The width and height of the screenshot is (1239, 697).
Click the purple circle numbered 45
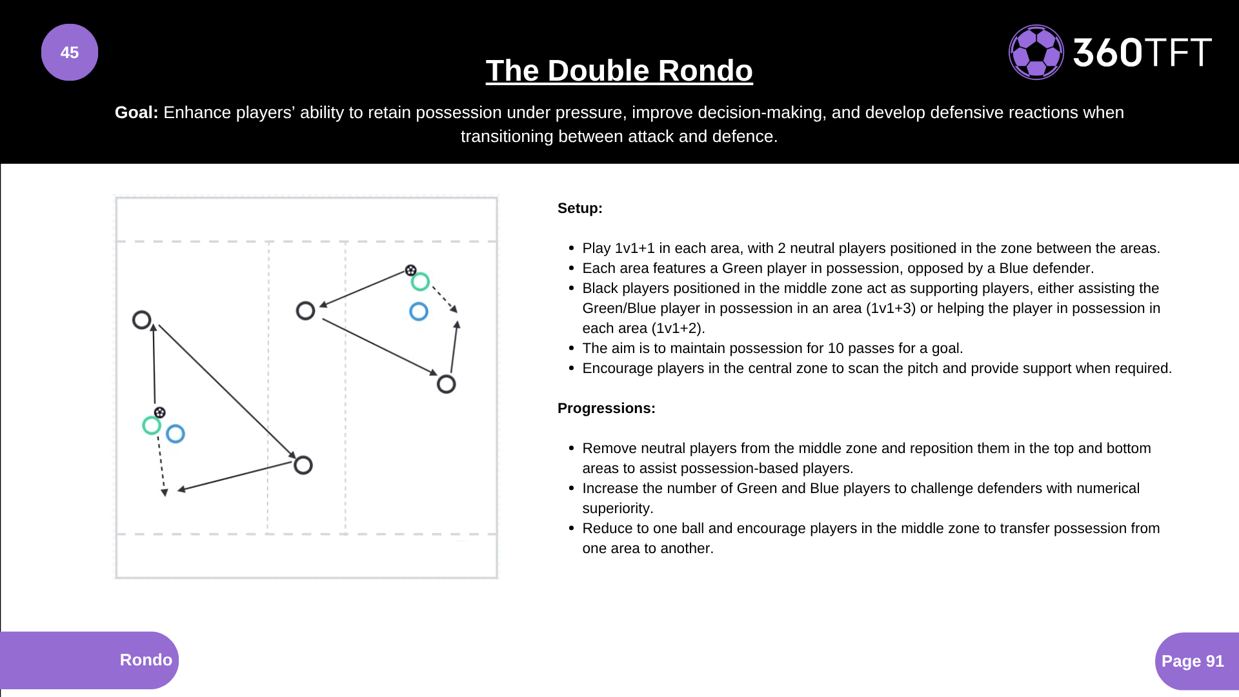[x=70, y=52]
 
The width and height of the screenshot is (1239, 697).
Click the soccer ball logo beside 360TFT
[x=1036, y=52]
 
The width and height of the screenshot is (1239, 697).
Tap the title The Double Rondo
[x=619, y=70]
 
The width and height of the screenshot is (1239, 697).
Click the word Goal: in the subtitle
[x=136, y=112]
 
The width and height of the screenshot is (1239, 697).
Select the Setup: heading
[x=579, y=208]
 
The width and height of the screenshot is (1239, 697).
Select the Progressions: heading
[x=606, y=408]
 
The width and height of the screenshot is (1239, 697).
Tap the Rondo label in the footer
[x=146, y=660]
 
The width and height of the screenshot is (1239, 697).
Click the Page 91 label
[x=1192, y=661]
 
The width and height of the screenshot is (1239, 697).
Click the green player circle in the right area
[x=420, y=282]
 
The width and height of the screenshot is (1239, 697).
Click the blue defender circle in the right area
[x=419, y=312]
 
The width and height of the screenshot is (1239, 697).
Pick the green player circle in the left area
[x=152, y=425]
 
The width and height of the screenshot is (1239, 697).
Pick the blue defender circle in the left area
[x=176, y=434]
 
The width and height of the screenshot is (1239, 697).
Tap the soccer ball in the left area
[x=160, y=412]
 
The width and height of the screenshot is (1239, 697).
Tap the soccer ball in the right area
[x=410, y=270]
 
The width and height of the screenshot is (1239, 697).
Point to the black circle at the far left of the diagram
[x=141, y=319]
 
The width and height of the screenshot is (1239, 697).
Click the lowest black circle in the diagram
[x=303, y=465]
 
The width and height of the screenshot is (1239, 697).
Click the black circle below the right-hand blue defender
[x=446, y=385]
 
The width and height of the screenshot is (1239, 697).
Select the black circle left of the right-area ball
[x=305, y=311]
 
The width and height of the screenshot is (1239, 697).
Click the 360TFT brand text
[x=1142, y=52]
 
